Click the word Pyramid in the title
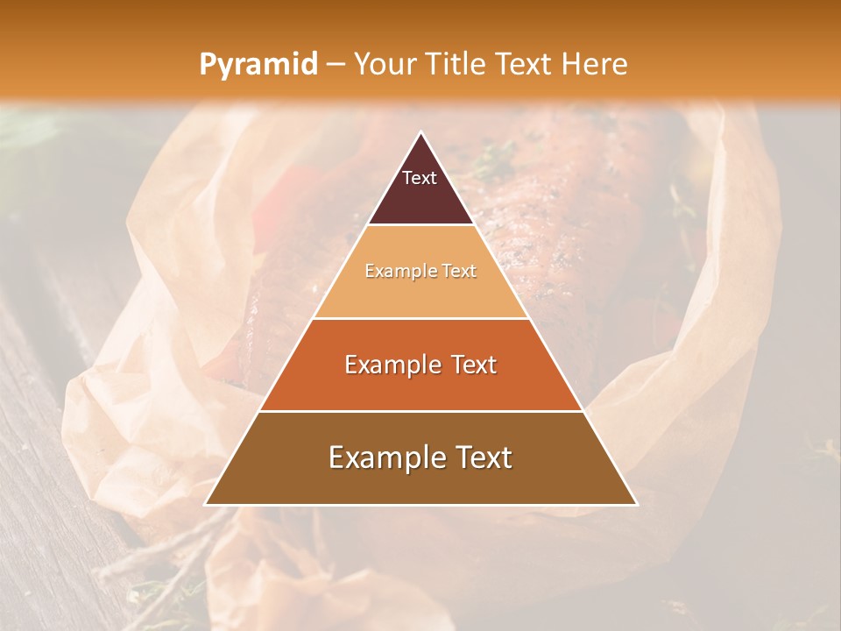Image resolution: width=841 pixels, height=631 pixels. coord(258,65)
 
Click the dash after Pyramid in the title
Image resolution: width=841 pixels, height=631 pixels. coord(336,65)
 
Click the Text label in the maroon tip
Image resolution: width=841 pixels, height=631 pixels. coord(420,178)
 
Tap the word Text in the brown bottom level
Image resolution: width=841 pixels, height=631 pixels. coord(480,457)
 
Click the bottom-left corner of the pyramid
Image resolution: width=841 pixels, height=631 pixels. coord(205,505)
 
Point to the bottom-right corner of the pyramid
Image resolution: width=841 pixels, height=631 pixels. coord(637,505)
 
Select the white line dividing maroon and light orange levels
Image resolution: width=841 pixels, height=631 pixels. coord(420,225)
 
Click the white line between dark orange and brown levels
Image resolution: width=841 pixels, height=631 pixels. coord(420,411)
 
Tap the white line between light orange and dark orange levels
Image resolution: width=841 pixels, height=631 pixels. coord(420,318)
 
